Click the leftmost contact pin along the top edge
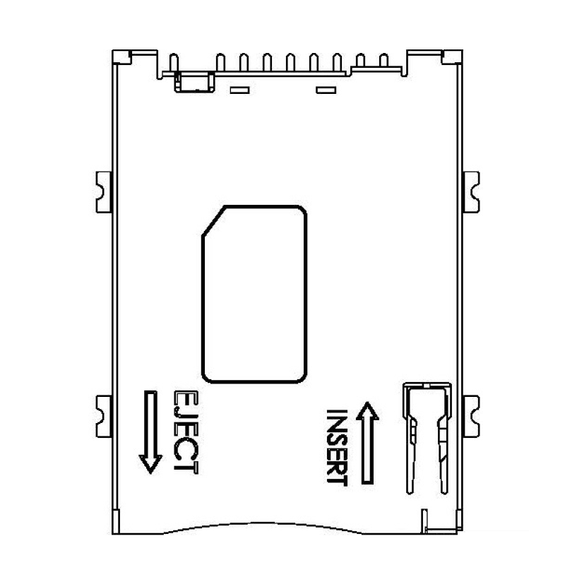click(174, 63)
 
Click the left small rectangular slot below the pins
click(240, 90)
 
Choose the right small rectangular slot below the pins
click(325, 90)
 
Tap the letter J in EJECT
click(185, 412)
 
